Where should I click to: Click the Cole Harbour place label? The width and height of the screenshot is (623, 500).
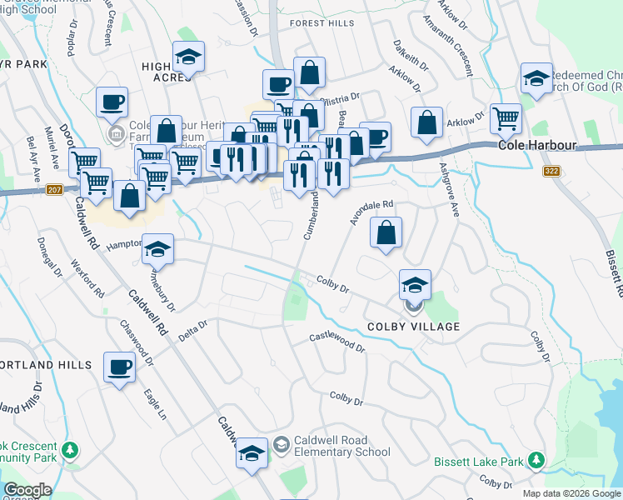click(537, 145)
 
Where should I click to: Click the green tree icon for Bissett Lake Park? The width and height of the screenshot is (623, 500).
click(537, 459)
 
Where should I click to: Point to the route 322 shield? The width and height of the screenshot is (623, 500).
click(551, 172)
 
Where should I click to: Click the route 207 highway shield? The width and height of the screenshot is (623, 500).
click(55, 190)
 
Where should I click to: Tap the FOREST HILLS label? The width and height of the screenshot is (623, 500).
click(321, 23)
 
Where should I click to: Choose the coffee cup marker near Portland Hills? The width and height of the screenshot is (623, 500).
click(119, 367)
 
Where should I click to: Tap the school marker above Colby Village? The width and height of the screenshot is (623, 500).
click(415, 286)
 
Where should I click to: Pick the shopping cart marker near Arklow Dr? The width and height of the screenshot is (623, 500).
click(506, 119)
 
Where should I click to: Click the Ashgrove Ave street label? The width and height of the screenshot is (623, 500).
click(450, 190)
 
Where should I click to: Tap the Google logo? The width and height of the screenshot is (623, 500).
click(27, 490)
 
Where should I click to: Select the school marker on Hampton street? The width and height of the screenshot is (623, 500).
click(156, 249)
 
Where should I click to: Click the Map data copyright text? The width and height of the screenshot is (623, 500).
click(571, 493)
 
